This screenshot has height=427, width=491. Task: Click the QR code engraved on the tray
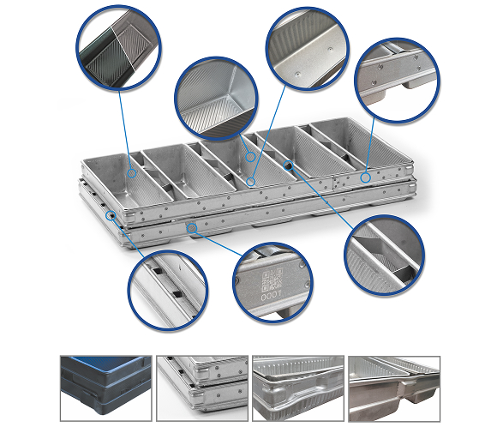click(272, 280)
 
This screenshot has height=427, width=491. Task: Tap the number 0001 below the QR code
click(271, 296)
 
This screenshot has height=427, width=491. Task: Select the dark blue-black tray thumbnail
click(106, 388)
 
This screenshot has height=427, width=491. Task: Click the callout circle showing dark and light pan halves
click(118, 48)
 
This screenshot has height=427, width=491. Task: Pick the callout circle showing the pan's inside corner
click(216, 99)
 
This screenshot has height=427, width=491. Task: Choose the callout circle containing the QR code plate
click(272, 282)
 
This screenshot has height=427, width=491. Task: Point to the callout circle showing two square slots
click(168, 290)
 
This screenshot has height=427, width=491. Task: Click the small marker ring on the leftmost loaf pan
click(132, 173)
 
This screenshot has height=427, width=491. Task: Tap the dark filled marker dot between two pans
click(288, 165)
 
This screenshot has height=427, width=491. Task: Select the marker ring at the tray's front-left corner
click(111, 215)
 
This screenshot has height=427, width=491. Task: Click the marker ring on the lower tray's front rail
click(191, 228)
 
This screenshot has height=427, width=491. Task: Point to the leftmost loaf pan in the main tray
click(128, 180)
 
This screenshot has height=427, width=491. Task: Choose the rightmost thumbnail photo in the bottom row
click(394, 388)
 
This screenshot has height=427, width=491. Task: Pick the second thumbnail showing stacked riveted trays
click(202, 388)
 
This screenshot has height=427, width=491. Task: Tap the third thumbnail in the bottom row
click(298, 388)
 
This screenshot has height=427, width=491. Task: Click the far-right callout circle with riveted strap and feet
click(397, 81)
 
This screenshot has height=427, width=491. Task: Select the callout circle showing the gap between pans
click(385, 256)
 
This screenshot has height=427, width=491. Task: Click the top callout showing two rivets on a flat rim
click(308, 49)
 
